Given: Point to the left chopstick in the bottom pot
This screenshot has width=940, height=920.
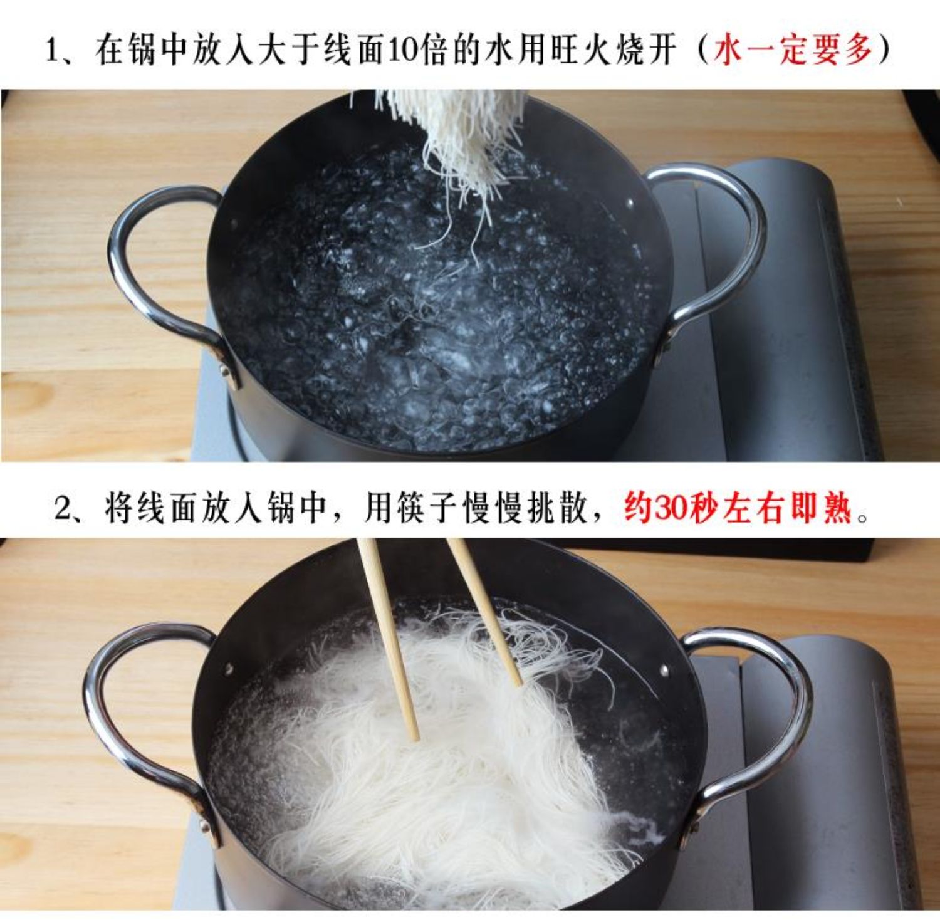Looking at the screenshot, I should point(389,639).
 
